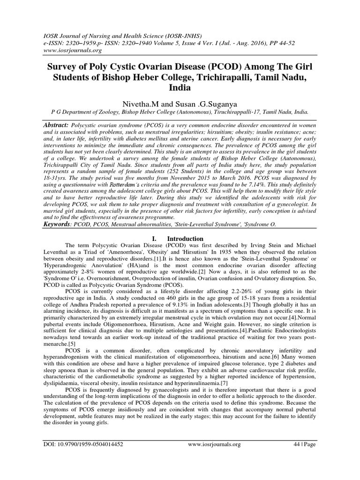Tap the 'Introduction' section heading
[x=187, y=238]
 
